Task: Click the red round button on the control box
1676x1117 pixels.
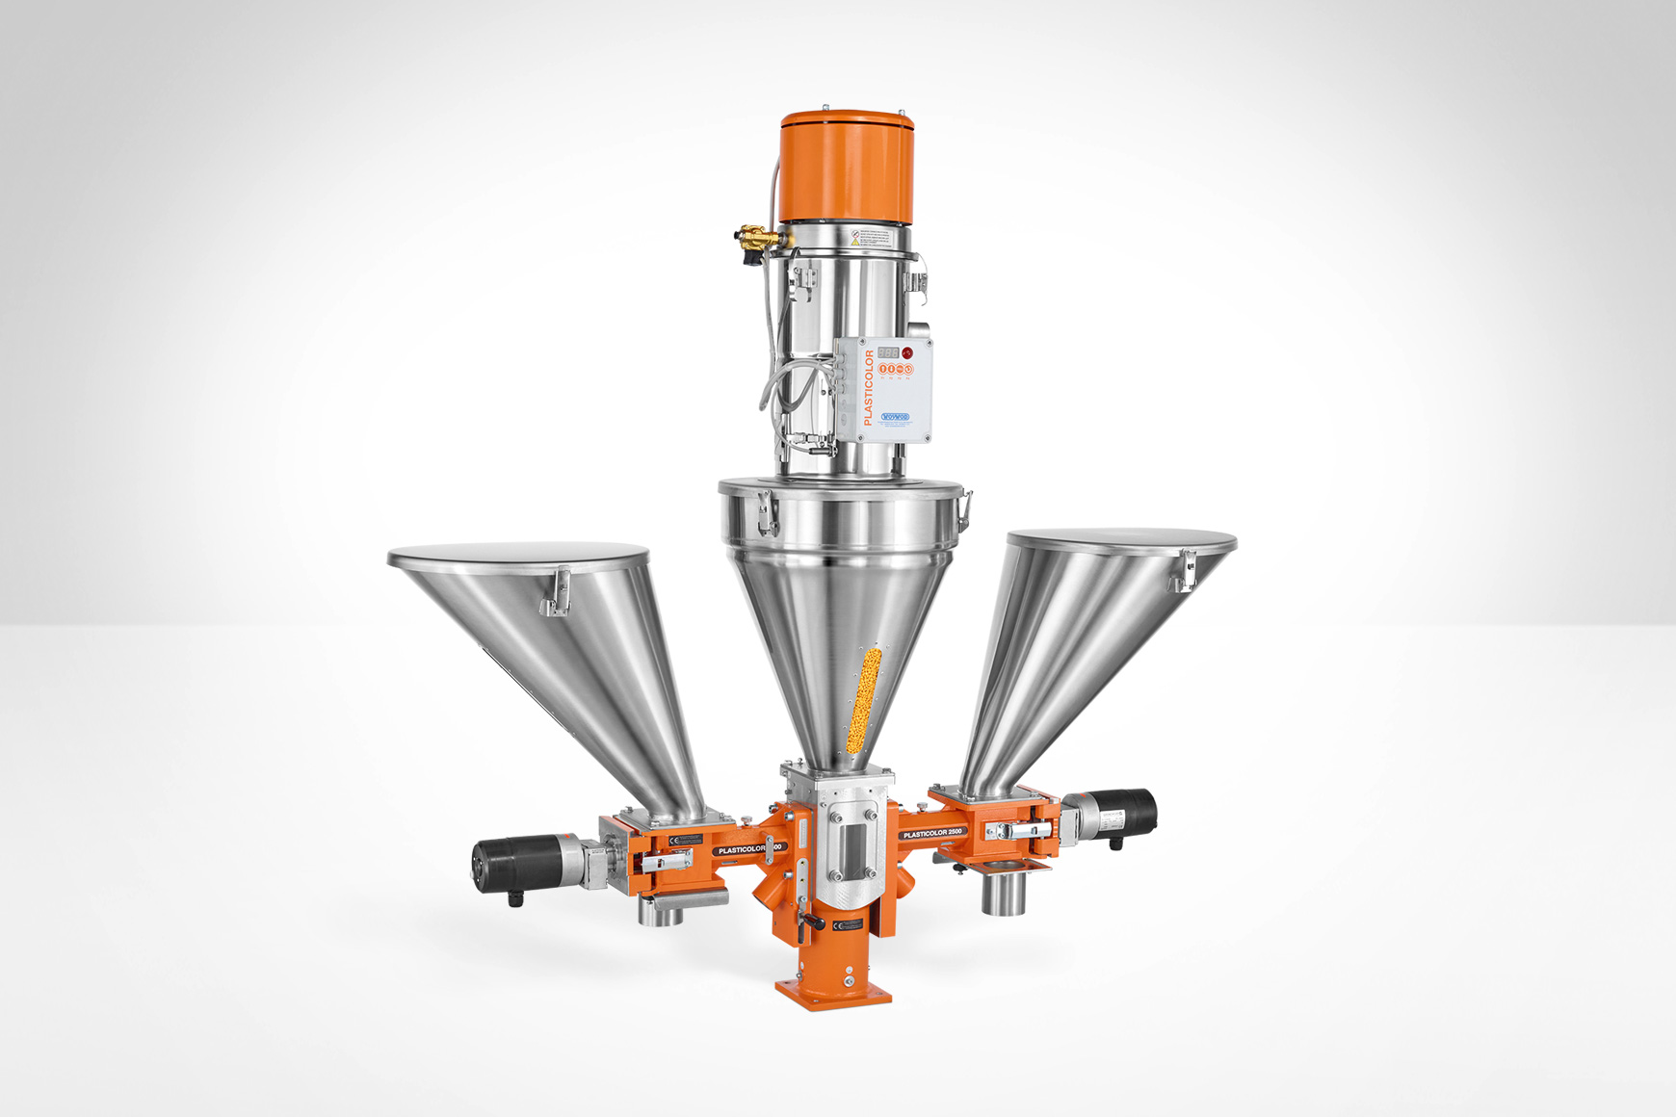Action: tap(906, 352)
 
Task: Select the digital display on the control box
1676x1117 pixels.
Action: tap(887, 352)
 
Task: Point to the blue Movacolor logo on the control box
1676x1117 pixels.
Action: tap(896, 417)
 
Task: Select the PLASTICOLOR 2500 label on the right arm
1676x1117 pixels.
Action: tap(932, 832)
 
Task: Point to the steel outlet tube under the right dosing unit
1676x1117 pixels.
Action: tap(1003, 893)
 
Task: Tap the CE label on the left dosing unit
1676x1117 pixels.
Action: tap(686, 840)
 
